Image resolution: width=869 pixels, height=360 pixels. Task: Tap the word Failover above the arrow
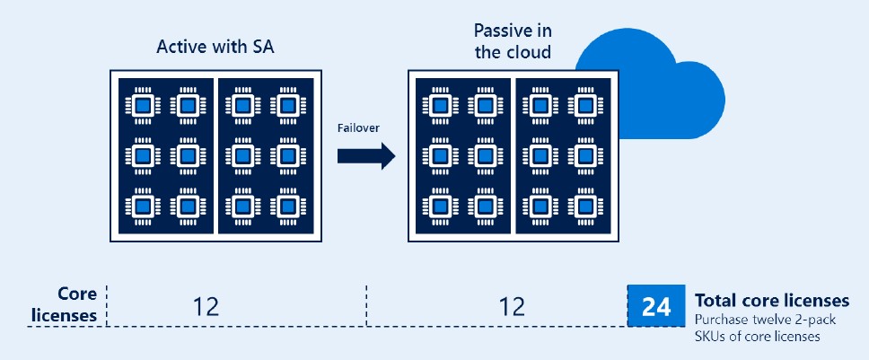[358, 127]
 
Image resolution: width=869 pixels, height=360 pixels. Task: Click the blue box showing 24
[656, 307]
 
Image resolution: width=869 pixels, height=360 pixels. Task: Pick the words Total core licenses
[769, 300]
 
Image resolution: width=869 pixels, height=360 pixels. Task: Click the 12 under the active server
[206, 307]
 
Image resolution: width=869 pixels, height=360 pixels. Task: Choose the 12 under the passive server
[512, 307]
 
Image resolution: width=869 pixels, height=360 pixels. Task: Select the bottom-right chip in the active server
[287, 206]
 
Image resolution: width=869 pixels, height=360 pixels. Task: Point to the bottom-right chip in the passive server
[586, 206]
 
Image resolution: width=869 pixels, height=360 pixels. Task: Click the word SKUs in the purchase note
[711, 336]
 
